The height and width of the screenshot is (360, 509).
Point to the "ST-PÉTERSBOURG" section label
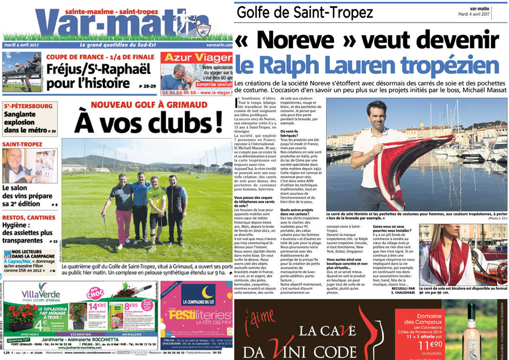pyautogui.click(x=27, y=106)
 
